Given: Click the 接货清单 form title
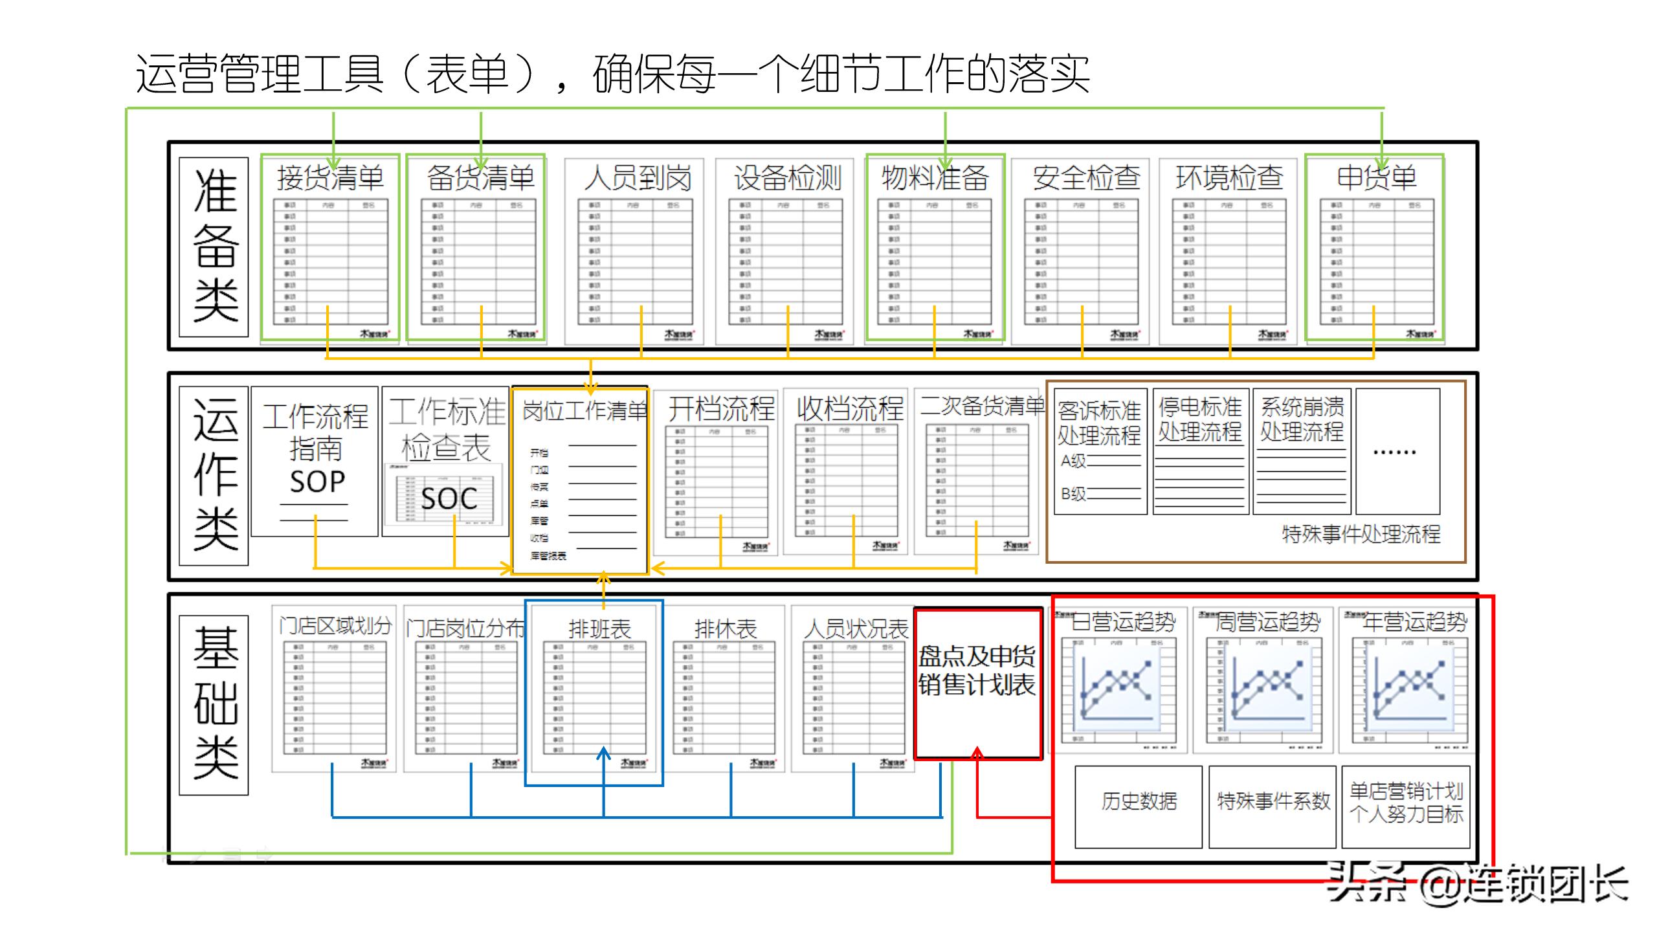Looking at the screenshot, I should [330, 178].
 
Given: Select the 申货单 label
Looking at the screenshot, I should [1377, 177].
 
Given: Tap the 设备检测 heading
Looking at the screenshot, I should [787, 178].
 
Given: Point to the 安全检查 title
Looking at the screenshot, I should [1086, 178].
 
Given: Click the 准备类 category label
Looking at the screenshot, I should [215, 247].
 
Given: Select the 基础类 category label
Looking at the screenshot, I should [215, 704].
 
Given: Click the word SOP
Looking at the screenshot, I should [317, 482].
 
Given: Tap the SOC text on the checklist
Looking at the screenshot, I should [449, 498].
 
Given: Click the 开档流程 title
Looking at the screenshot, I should [721, 408].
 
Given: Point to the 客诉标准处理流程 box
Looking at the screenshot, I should [1099, 423].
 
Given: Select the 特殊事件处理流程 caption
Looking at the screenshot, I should [1361, 534].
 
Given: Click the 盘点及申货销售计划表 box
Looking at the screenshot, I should [977, 671].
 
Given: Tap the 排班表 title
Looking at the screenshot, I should [599, 628].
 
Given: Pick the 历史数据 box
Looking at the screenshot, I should [1139, 801].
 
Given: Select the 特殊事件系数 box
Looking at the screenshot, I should [1273, 801].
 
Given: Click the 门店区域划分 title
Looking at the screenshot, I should [335, 626].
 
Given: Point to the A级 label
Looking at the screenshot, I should [1073, 460].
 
